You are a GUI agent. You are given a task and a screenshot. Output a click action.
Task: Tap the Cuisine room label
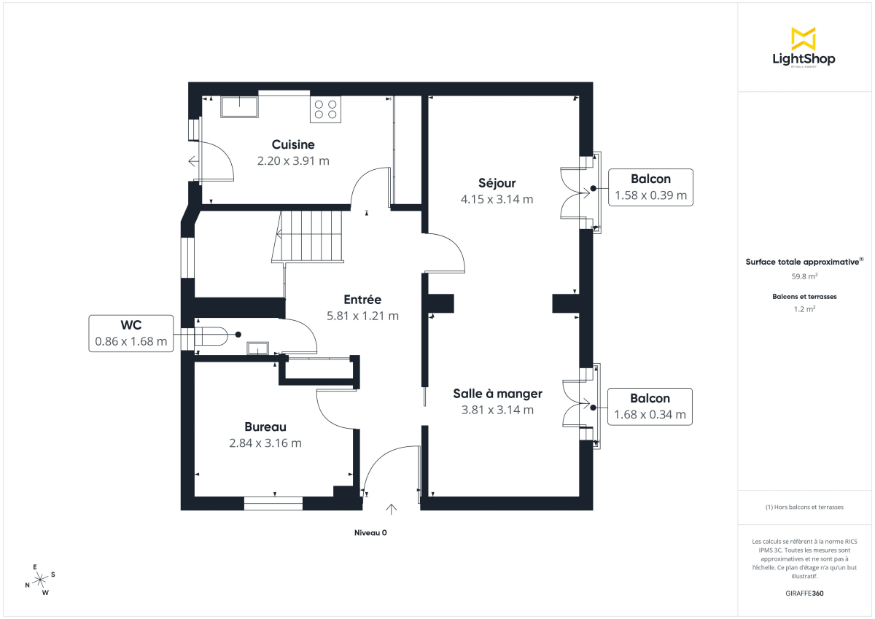(x=293, y=144)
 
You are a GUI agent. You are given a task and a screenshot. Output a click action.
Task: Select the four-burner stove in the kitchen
(x=325, y=109)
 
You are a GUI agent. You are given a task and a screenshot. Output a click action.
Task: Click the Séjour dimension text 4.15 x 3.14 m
(x=497, y=198)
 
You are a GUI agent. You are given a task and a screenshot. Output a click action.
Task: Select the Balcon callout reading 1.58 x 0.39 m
(x=650, y=187)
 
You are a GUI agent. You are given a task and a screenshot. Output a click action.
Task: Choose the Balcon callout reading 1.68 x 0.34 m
(x=650, y=407)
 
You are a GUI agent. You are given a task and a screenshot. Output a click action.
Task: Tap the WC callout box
(x=131, y=333)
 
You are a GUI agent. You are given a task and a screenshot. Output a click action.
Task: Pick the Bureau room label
(x=265, y=427)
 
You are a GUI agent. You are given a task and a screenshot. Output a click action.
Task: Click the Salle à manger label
(x=497, y=394)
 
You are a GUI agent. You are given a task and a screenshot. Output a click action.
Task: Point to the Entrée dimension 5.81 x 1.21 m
(x=362, y=316)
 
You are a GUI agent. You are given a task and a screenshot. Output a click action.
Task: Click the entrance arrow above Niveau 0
(x=392, y=510)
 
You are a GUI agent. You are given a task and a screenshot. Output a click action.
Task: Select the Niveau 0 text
(x=370, y=533)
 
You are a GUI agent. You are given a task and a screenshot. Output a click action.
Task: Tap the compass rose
(x=40, y=579)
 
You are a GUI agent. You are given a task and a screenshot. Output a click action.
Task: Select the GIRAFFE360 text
(x=804, y=593)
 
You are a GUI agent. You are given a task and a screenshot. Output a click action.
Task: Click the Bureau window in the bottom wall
(x=273, y=503)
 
